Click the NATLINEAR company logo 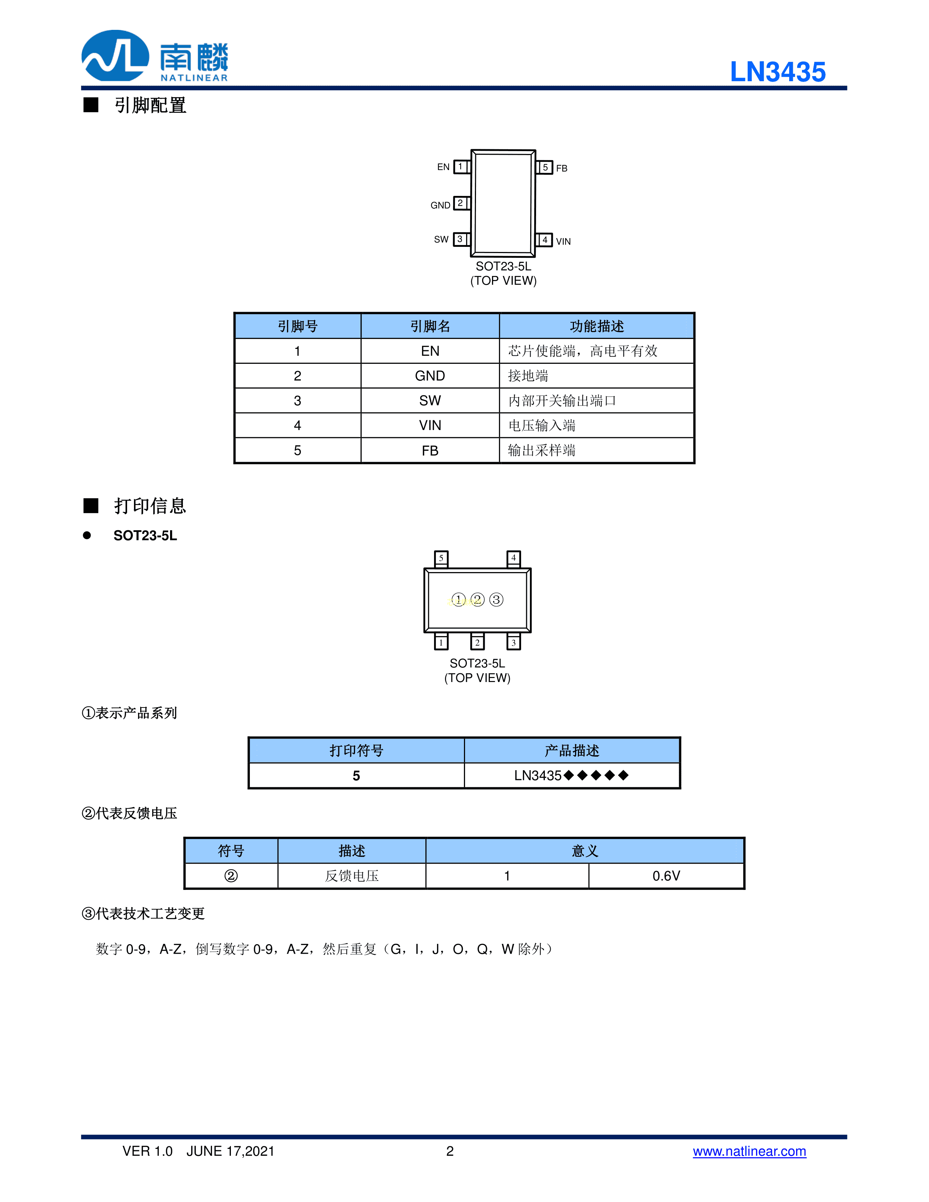[x=155, y=56]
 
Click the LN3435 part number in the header [x=777, y=72]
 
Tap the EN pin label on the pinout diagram [x=443, y=167]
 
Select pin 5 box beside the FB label [x=545, y=167]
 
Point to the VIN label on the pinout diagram [x=563, y=242]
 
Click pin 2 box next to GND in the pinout [x=461, y=203]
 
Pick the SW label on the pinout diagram [x=441, y=239]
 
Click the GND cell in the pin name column [x=430, y=376]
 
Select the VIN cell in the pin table [x=430, y=425]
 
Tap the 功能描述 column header [x=597, y=326]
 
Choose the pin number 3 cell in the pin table [x=297, y=401]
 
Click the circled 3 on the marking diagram [x=496, y=599]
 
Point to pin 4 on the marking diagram [x=513, y=558]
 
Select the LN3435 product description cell [x=571, y=776]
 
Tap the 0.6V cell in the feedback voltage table [x=666, y=876]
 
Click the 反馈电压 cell [x=352, y=876]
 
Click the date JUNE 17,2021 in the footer [x=230, y=1151]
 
